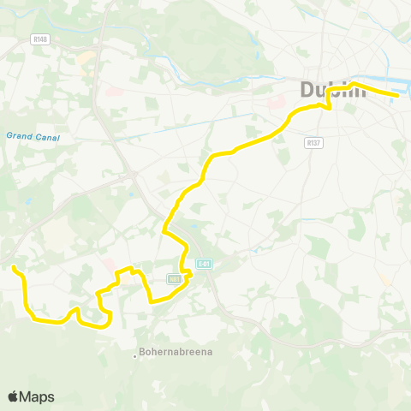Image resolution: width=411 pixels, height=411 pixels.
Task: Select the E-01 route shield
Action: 202,265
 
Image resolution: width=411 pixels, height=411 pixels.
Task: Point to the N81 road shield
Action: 176,279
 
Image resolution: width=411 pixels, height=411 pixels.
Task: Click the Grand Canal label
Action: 26,135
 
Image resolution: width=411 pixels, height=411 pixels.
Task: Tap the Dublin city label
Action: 332,89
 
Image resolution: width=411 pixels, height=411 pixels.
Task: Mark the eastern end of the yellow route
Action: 397,94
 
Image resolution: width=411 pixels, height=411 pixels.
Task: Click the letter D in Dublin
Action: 307,89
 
